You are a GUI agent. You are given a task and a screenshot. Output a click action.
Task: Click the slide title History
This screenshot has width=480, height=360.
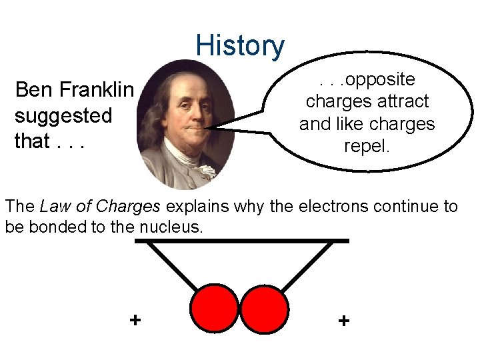click(x=240, y=45)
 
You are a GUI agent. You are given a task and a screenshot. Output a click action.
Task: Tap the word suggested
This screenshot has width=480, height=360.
click(x=63, y=115)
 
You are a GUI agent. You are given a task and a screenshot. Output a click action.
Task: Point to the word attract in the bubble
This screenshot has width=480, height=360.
click(x=403, y=101)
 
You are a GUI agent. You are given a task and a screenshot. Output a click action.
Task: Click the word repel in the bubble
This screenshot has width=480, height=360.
click(x=366, y=145)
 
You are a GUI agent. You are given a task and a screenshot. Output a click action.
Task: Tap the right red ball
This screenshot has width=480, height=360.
click(x=264, y=309)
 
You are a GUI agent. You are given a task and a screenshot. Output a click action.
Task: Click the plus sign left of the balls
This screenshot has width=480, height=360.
click(x=135, y=320)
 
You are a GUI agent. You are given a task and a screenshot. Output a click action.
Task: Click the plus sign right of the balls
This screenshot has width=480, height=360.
click(x=343, y=321)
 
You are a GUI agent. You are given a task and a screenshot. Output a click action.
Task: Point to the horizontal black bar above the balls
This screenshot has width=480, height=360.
click(x=241, y=240)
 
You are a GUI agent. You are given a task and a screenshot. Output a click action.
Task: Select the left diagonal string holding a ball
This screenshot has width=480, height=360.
click(x=172, y=265)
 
